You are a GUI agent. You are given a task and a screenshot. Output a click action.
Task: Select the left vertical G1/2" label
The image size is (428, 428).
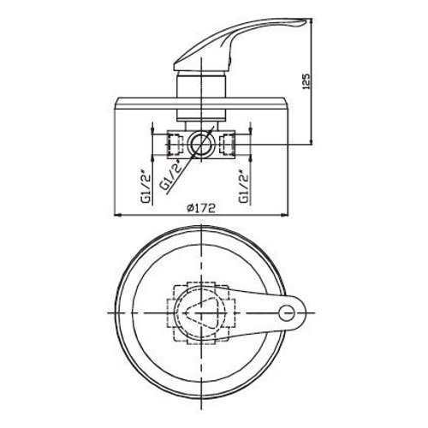coord(147,183)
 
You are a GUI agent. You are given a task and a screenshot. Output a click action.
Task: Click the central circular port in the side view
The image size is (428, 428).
coord(204,143)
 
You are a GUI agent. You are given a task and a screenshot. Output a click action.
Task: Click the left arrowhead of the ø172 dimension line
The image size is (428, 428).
coord(116,216)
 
